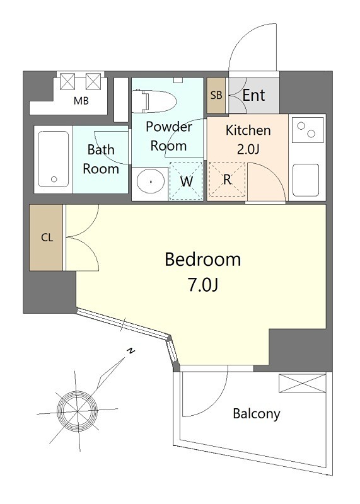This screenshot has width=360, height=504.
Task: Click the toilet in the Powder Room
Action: click(154, 101)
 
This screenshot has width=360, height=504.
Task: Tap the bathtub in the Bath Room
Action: click(54, 159)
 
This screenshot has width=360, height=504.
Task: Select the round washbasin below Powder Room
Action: click(150, 181)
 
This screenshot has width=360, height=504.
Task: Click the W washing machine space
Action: click(186, 181)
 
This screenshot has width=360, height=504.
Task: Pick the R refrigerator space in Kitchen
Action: click(227, 180)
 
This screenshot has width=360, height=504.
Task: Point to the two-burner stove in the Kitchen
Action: click(308, 130)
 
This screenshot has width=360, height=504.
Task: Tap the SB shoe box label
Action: click(216, 95)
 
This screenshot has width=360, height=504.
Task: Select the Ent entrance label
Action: click(253, 95)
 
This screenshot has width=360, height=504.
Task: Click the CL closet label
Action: click(47, 238)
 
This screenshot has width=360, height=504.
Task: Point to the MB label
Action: click(81, 101)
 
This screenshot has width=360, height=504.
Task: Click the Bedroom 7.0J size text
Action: click(203, 285)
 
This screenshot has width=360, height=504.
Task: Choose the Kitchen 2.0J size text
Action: click(248, 149)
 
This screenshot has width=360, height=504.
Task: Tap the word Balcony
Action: click(257, 414)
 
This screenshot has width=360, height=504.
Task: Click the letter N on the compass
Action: click(131, 351)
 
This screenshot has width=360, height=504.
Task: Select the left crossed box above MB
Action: click(67, 81)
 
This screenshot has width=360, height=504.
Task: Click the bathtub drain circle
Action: click(54, 180)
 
